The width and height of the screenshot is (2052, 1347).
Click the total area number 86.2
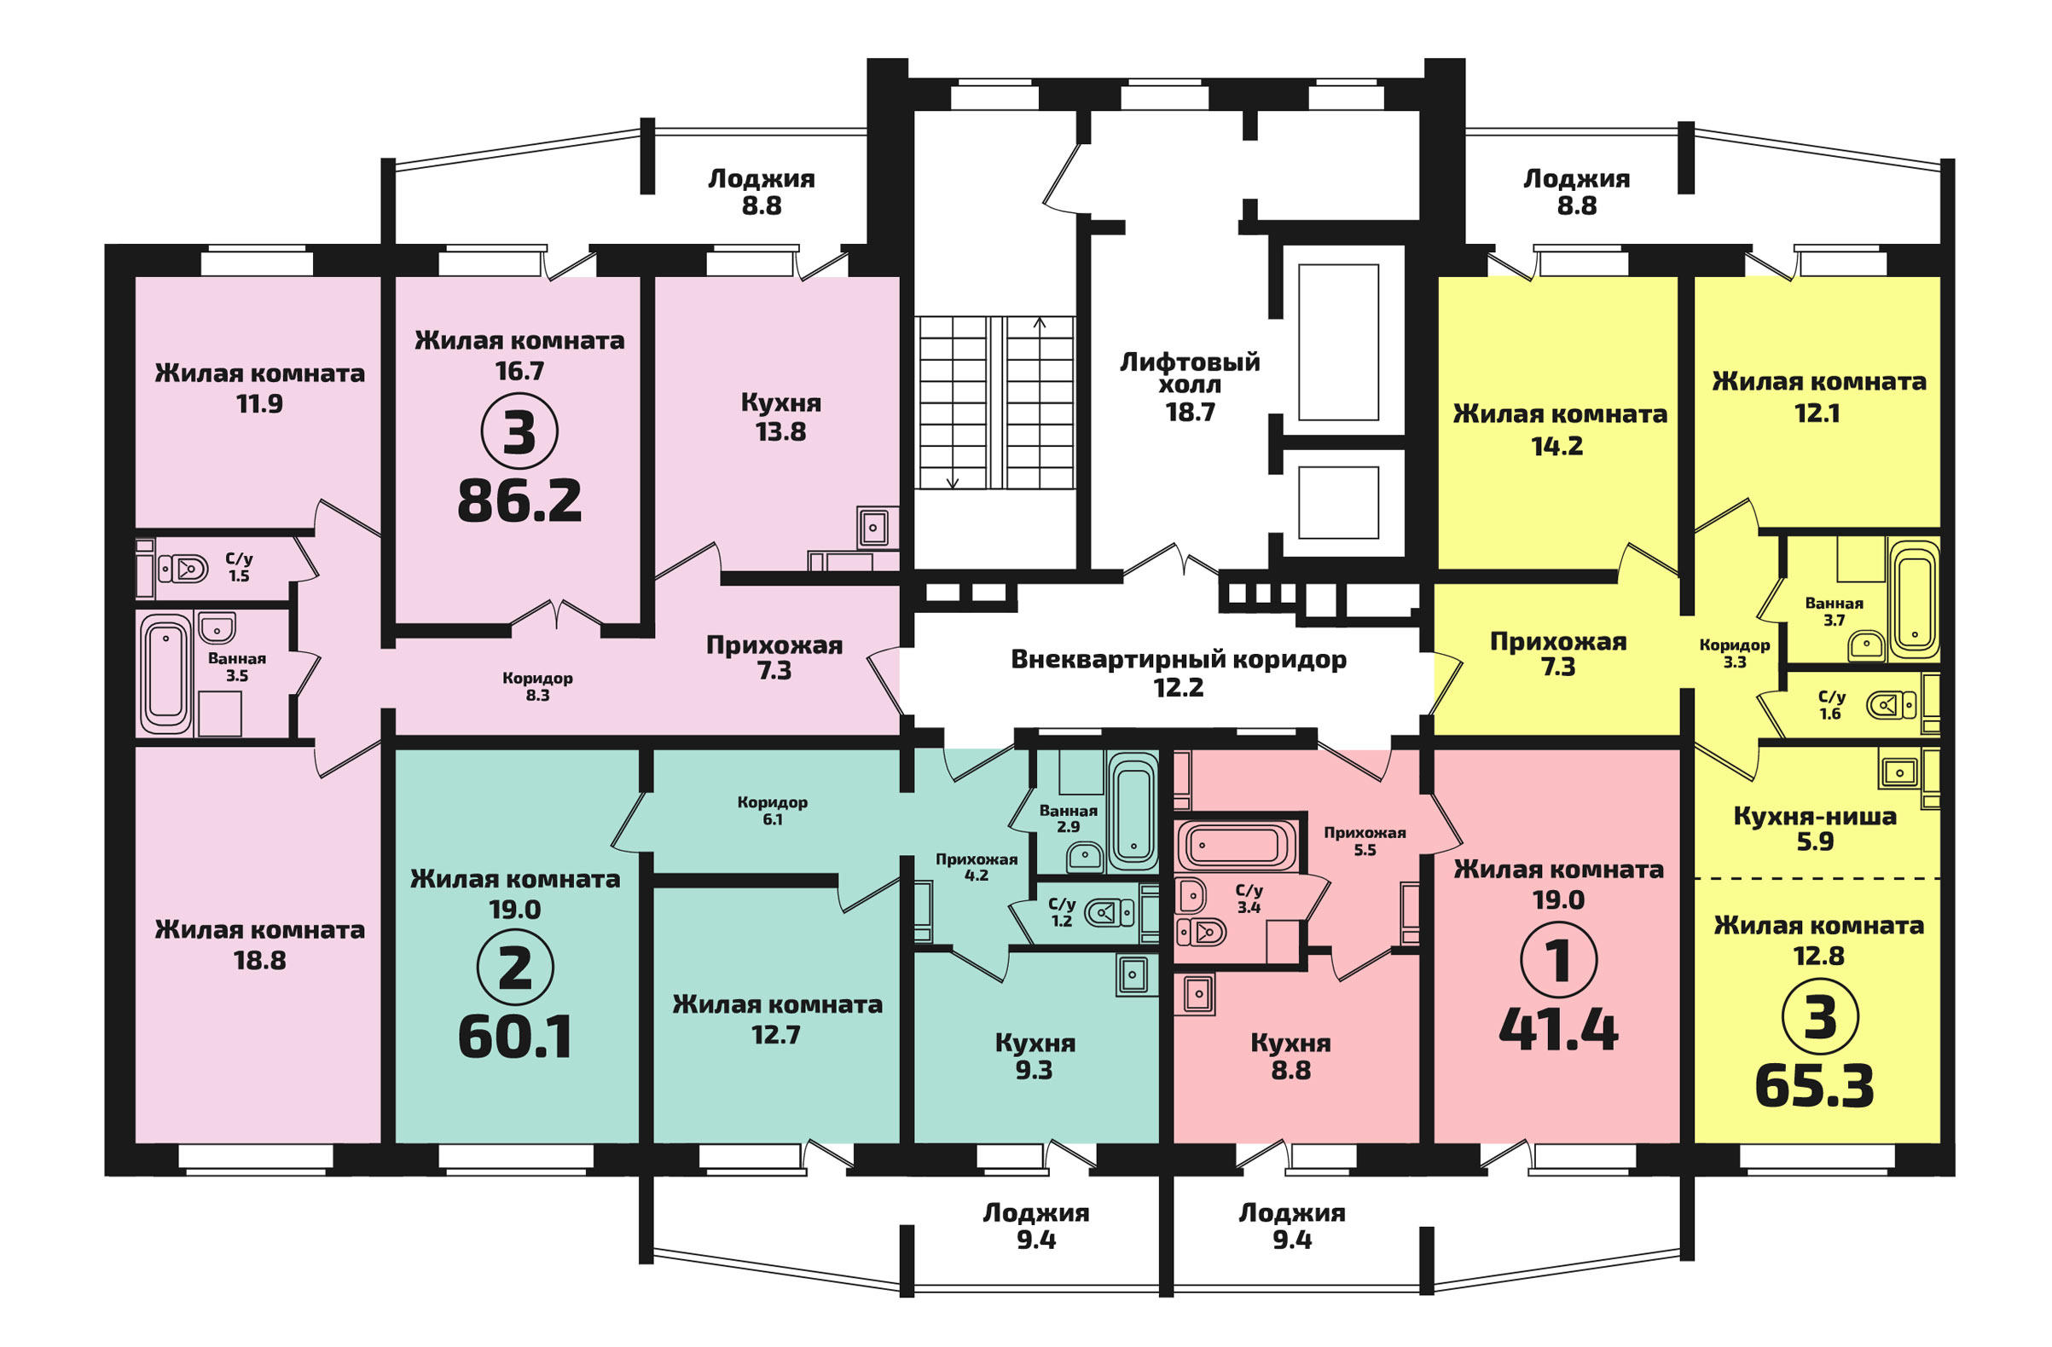tap(519, 501)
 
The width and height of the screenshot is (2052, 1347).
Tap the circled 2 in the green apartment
tap(515, 968)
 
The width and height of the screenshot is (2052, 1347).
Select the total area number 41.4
tap(1558, 1030)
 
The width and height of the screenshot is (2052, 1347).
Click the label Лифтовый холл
tap(1190, 373)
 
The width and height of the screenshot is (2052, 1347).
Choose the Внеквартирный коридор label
tap(1179, 660)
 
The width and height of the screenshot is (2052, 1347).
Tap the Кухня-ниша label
tap(1815, 816)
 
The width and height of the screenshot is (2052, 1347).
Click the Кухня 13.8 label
tap(781, 417)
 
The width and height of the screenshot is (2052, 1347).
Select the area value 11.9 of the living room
tap(259, 403)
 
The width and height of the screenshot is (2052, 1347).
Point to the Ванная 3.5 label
tap(237, 667)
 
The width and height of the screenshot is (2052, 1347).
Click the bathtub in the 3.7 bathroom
tap(1913, 601)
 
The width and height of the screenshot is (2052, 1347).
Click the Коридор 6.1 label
tap(773, 810)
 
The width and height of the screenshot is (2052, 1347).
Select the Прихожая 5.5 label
tap(1365, 841)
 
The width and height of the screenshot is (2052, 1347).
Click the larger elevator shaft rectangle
tap(1338, 342)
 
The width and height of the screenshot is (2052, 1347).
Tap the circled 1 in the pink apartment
tap(1558, 960)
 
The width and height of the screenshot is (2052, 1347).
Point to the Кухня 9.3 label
tap(1035, 1055)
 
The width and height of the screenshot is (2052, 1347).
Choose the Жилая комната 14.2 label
tap(1560, 429)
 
